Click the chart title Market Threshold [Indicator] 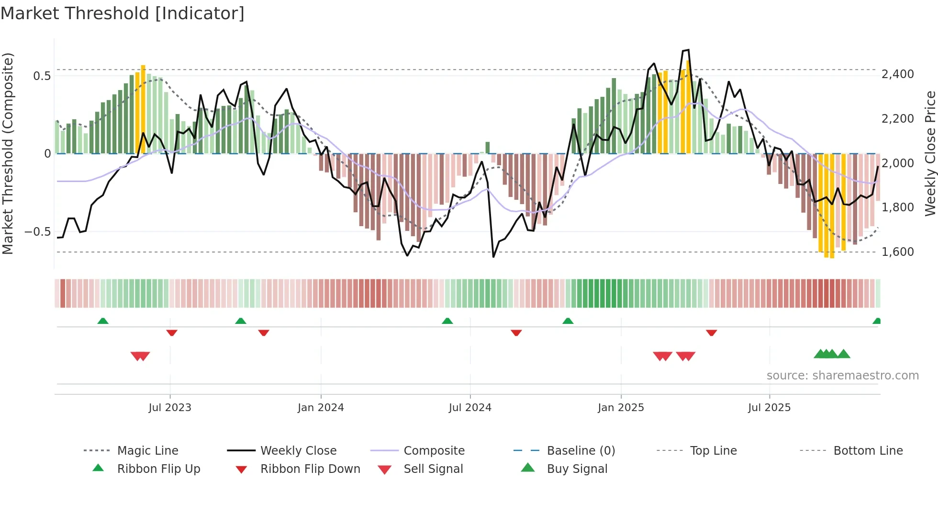point(123,13)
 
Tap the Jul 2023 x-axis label point(169,408)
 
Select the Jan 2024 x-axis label point(321,408)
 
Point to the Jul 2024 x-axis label point(470,408)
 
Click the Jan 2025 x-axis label point(621,408)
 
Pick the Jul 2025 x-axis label point(769,408)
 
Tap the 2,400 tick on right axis point(897,74)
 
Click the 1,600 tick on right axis point(897,252)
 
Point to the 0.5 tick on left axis point(42,76)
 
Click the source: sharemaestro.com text point(842,376)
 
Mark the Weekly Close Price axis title point(930,153)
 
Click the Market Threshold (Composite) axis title point(8,153)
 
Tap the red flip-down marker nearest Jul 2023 point(172,333)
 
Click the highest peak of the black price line point(688,50)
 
